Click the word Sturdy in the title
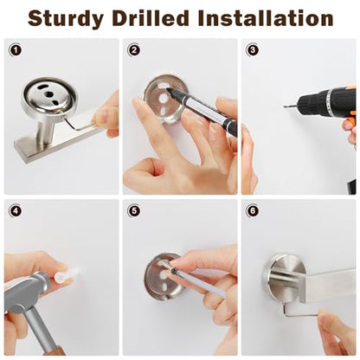(66, 19)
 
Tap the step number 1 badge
(16, 50)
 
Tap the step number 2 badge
(134, 50)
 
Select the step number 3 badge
(253, 50)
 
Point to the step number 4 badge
(16, 210)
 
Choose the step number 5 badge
(134, 210)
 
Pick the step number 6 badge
(253, 210)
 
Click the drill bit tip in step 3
(285, 106)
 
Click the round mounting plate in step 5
(164, 275)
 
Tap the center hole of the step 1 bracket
(48, 94)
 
